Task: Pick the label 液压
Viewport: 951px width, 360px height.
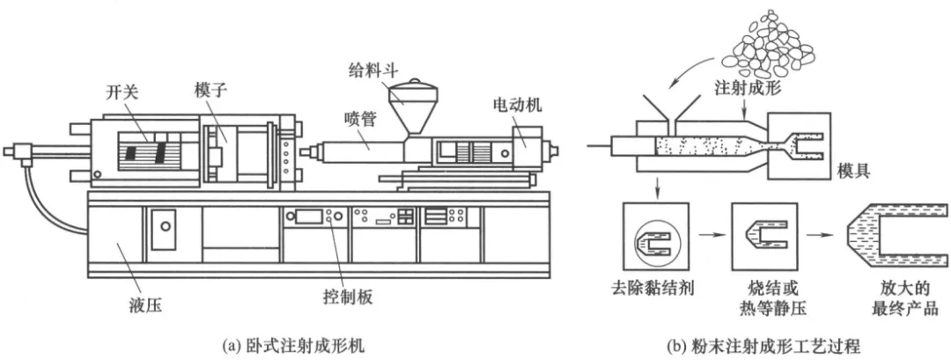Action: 145,307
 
